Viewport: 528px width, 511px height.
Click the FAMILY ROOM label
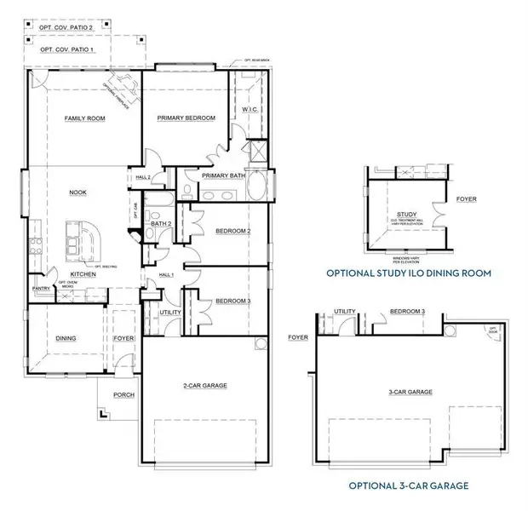tap(84, 118)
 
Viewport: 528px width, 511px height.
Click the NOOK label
tap(78, 193)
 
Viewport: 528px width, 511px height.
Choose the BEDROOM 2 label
tap(232, 231)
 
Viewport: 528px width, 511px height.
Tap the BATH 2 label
tap(163, 223)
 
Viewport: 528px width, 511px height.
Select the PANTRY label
tap(39, 289)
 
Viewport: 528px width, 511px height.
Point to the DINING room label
tap(66, 338)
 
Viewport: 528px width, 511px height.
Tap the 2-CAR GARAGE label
tap(204, 386)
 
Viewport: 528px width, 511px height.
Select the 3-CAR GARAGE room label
tap(409, 392)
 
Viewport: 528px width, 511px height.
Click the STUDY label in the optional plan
tap(407, 215)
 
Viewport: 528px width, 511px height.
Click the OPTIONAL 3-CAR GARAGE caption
tap(409, 486)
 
